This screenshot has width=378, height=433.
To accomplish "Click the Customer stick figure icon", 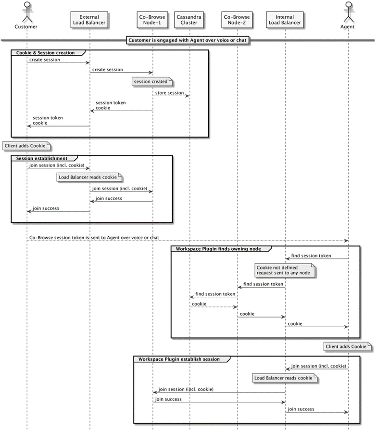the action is coord(27,12).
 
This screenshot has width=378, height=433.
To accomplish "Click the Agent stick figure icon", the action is coord(349,12).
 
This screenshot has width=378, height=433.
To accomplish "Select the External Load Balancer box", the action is coord(89,20).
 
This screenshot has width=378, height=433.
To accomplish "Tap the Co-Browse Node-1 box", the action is coord(152,20).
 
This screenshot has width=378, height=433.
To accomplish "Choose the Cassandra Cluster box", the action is coord(189,20).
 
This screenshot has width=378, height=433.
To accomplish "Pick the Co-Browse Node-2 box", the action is coord(237,20).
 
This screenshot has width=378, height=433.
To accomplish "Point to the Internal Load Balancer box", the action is coord(285,20).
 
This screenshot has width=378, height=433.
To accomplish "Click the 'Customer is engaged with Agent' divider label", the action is coord(188,40).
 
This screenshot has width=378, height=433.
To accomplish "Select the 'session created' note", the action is coord(152,82).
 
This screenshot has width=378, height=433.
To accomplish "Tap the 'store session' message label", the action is coord(170,93).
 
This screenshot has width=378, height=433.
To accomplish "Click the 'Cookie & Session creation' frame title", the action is coord(46,53).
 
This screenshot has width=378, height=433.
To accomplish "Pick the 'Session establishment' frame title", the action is coord(42,158).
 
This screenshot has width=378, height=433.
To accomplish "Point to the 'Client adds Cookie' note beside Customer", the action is coord(26,146).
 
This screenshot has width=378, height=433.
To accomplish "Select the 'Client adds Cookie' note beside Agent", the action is coord(348,346).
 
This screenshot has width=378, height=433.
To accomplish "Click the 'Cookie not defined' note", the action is coord(285,270).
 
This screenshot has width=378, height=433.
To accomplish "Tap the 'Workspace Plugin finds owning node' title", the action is coord(218,249).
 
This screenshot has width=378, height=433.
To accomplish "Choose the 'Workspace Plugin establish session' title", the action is coord(179,359).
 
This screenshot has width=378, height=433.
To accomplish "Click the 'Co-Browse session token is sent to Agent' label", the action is coord(94,238).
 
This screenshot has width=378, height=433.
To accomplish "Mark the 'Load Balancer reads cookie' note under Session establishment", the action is coord(89,177).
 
